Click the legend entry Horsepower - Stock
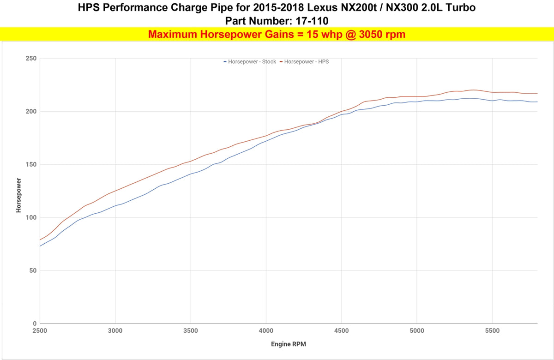click(250, 61)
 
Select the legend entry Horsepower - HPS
click(304, 61)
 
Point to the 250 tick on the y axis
click(31, 58)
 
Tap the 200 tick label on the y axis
click(31, 111)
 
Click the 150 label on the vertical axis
click(31, 164)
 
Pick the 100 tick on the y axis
click(31, 217)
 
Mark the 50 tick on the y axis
click(33, 270)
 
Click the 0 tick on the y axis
click(35, 324)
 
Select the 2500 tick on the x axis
click(40, 330)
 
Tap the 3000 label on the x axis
click(115, 330)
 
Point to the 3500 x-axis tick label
click(191, 330)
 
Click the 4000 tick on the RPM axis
click(266, 330)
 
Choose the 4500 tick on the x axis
click(342, 330)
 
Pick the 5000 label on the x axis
click(417, 330)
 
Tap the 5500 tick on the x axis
click(492, 330)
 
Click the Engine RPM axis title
click(289, 344)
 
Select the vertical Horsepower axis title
click(18, 195)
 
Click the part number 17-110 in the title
click(312, 21)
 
